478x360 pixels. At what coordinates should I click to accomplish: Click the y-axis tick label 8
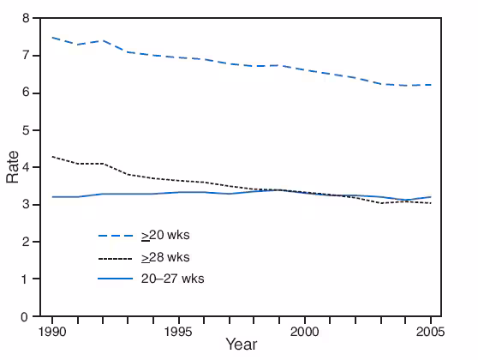(x=27, y=18)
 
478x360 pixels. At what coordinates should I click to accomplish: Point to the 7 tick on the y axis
(x=27, y=56)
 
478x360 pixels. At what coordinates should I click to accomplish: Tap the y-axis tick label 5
(x=27, y=130)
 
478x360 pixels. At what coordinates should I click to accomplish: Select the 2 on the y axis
(x=27, y=242)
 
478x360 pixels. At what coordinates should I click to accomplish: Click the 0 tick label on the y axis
(x=27, y=316)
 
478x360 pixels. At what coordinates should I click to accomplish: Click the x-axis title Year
(x=241, y=345)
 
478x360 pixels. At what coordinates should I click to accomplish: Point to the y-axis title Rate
(x=12, y=167)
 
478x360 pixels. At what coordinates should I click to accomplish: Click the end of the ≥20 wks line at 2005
(x=431, y=85)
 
